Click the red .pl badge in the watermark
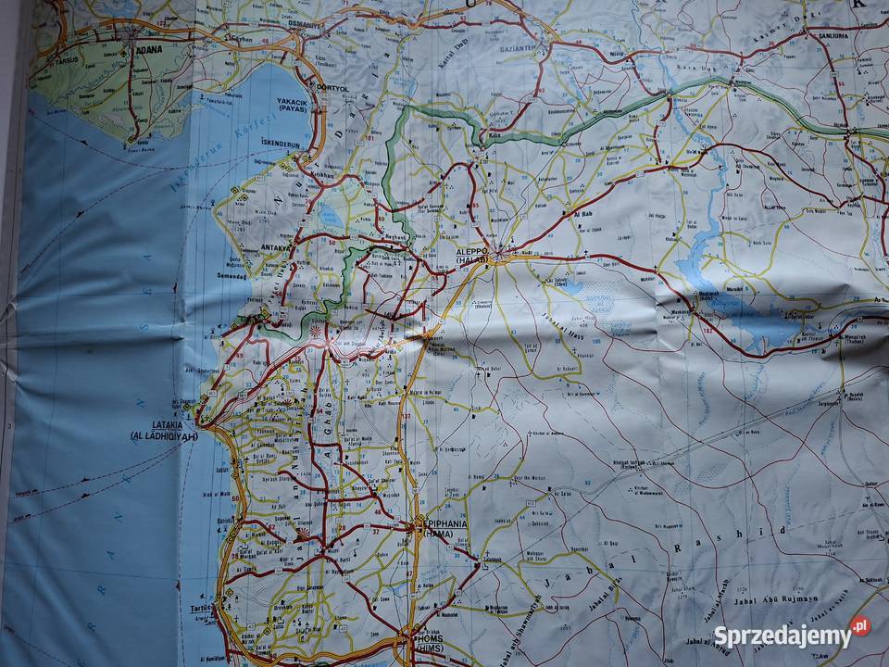pos(860,627)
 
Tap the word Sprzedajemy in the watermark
pos(782,636)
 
